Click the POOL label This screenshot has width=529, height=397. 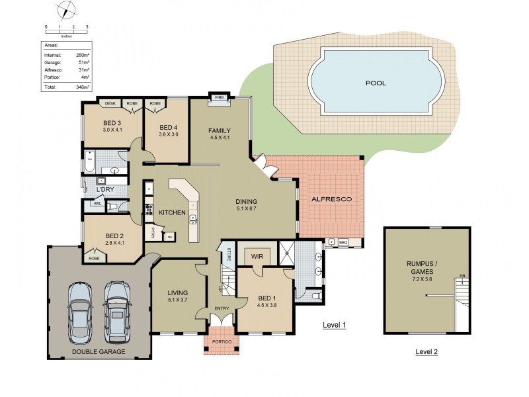[x=376, y=83]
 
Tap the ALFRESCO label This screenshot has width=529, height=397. [x=331, y=198]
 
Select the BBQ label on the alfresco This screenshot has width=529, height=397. [x=343, y=242]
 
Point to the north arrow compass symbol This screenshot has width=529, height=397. [x=66, y=11]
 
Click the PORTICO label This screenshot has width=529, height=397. [x=219, y=342]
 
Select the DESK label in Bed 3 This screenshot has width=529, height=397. [x=110, y=103]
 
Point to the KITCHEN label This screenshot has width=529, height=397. [x=171, y=212]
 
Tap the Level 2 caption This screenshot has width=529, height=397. [x=427, y=352]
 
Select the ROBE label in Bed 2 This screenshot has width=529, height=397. [x=94, y=258]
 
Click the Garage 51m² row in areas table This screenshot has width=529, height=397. [x=66, y=63]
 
